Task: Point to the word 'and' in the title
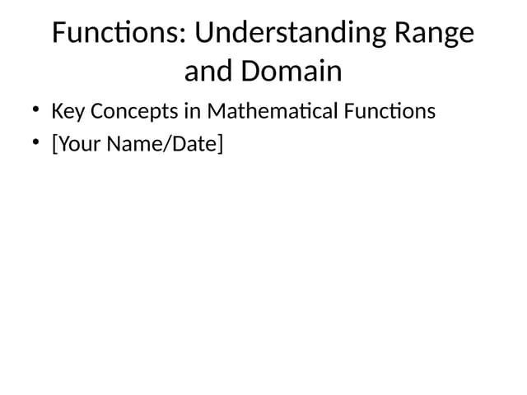pyautogui.click(x=208, y=72)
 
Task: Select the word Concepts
pyautogui.click(x=131, y=110)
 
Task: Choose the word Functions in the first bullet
pyautogui.click(x=390, y=110)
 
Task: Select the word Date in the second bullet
pyautogui.click(x=193, y=144)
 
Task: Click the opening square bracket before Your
pyautogui.click(x=54, y=145)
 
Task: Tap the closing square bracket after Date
pyautogui.click(x=220, y=145)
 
